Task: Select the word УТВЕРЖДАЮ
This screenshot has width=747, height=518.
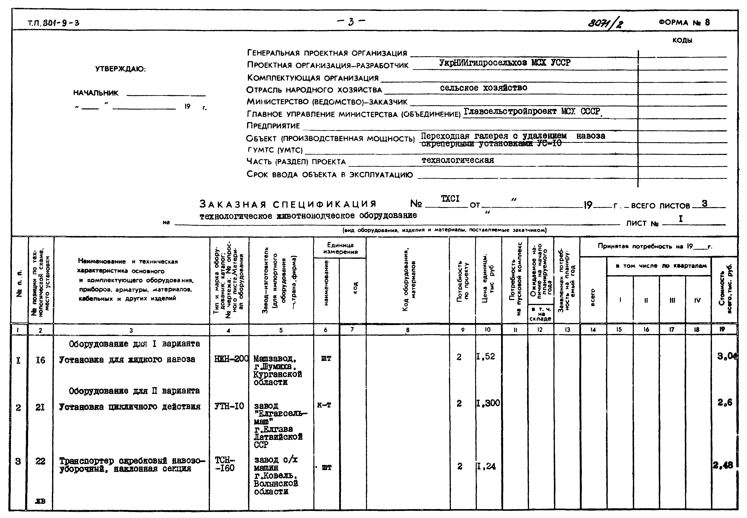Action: [x=120, y=69]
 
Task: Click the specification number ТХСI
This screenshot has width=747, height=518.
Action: [x=450, y=199]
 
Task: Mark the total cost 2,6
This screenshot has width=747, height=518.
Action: [x=725, y=403]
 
